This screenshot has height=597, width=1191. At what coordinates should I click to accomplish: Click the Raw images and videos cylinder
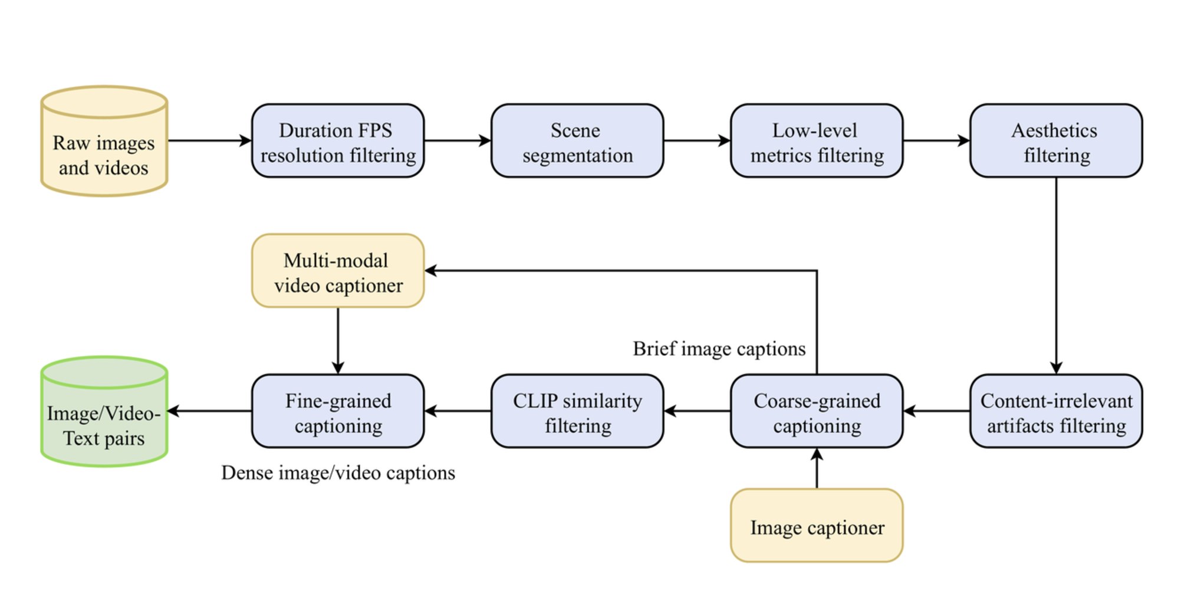[x=104, y=141]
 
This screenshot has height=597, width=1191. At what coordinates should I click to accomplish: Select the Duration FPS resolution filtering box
[x=338, y=141]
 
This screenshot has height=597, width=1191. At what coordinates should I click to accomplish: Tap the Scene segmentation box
[x=577, y=141]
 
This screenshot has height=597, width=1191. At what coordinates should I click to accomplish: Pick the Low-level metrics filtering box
[x=817, y=141]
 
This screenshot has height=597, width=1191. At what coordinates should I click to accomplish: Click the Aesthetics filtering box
[x=1056, y=141]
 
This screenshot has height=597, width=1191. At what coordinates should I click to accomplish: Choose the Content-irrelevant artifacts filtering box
[x=1056, y=411]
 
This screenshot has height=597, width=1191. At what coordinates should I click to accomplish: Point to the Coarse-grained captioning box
[x=817, y=411]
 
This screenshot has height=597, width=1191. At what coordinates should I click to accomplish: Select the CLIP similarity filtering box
[x=577, y=411]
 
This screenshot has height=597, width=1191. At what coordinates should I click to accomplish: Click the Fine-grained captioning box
[x=338, y=411]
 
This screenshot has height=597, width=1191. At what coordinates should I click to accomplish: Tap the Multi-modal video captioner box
[x=338, y=271]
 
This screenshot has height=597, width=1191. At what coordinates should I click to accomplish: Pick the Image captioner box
[x=817, y=526]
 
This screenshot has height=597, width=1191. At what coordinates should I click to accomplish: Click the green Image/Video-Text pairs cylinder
[x=104, y=411]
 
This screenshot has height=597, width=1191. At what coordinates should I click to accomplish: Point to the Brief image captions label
[x=719, y=349]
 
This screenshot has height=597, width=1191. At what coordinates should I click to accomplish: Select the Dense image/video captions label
[x=338, y=473]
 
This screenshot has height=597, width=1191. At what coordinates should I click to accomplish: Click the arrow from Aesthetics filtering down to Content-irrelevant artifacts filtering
[x=1056, y=275]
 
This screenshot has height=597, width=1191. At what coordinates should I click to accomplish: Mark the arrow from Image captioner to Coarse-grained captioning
[x=817, y=468]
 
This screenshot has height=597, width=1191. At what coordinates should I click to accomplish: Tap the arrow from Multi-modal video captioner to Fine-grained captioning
[x=338, y=341]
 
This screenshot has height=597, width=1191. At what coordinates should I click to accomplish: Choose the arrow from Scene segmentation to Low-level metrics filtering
[x=697, y=141]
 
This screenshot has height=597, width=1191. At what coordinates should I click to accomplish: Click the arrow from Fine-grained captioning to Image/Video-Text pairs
[x=210, y=411]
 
